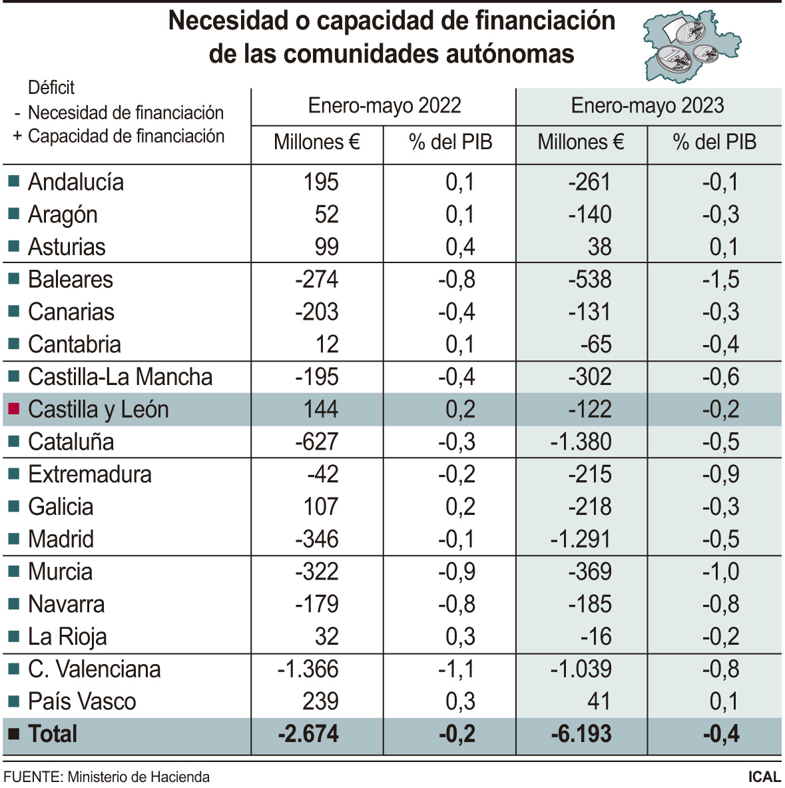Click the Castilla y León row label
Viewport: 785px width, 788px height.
click(x=98, y=409)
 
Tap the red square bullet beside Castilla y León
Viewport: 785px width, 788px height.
click(x=13, y=409)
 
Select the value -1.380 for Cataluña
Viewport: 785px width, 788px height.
click(x=581, y=442)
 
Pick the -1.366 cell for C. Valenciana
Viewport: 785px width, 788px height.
click(x=308, y=669)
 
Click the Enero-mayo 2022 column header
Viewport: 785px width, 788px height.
click(x=384, y=106)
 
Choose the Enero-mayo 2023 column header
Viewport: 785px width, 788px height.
click(x=647, y=106)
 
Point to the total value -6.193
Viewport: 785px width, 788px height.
click(x=581, y=734)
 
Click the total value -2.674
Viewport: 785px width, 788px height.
click(x=308, y=734)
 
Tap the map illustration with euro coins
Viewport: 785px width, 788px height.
click(x=691, y=45)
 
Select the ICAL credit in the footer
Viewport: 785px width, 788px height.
click(x=764, y=777)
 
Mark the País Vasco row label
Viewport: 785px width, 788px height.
click(x=82, y=701)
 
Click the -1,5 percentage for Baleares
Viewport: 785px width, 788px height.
click(x=720, y=279)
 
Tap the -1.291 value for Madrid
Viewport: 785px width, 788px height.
click(x=581, y=539)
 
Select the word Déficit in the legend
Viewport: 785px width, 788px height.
click(x=51, y=87)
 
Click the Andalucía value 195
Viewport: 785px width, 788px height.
click(x=321, y=182)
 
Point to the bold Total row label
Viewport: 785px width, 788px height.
click(x=53, y=734)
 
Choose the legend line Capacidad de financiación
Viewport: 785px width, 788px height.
click(x=126, y=136)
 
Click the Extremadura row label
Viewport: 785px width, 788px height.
click(x=90, y=474)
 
